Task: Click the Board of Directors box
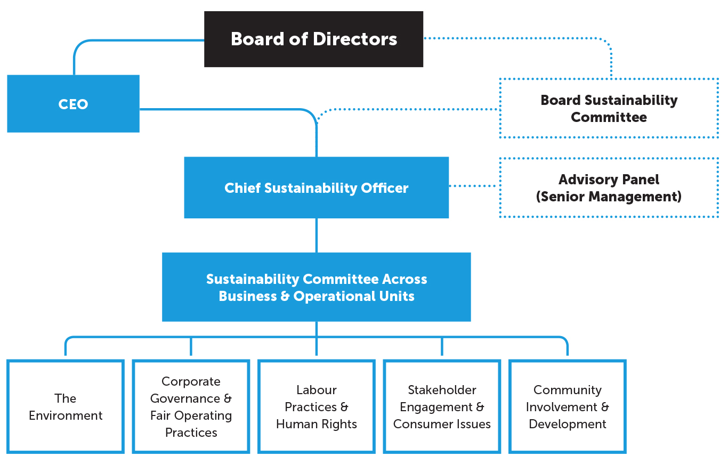pos(313,39)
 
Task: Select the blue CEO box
pos(73,103)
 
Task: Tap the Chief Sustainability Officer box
pos(316,187)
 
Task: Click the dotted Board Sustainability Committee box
pos(609,108)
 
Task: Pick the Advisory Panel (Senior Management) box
pos(609,187)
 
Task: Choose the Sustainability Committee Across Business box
pos(316,287)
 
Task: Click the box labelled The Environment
pos(66,406)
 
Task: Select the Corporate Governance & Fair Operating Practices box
pos(191,406)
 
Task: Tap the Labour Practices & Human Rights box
pos(316,406)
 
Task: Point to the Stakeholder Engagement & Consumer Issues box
pos(442,406)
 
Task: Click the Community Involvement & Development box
pos(567,406)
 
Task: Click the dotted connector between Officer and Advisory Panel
pos(474,186)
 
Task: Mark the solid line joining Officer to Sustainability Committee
pos(317,235)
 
